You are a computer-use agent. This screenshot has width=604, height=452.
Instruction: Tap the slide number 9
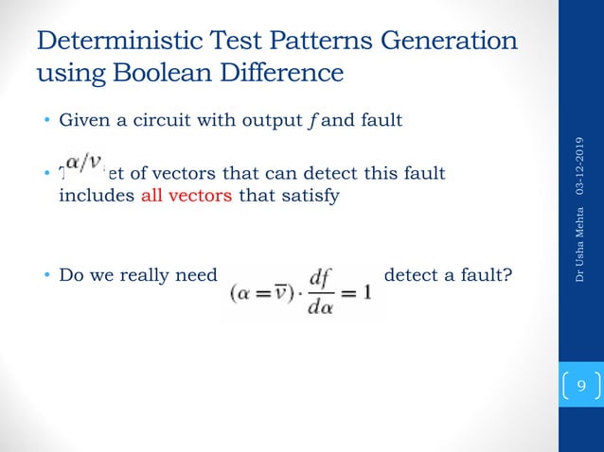coord(580,386)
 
